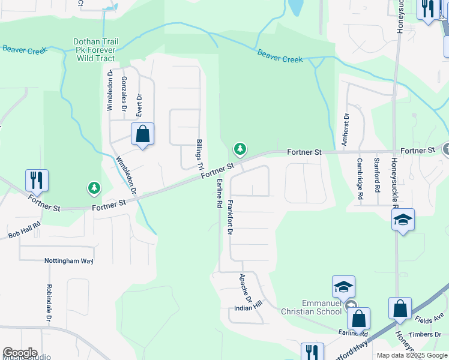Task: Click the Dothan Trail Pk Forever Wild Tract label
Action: coord(95,50)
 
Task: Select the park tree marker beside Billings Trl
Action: coord(240,148)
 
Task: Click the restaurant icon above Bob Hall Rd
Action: coord(37,180)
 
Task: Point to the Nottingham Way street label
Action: coord(69,261)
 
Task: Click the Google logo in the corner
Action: coord(19,353)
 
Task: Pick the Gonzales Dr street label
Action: coord(124,95)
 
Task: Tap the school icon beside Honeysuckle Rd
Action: coord(403,220)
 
